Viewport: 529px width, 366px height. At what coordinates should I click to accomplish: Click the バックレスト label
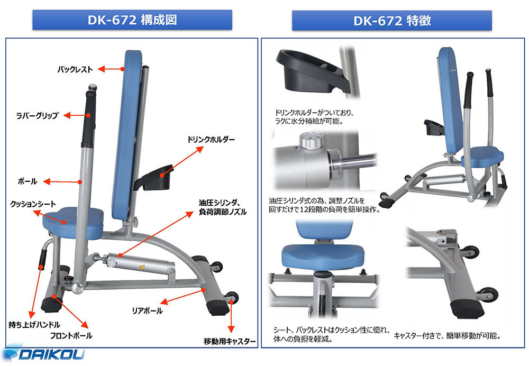point(75,69)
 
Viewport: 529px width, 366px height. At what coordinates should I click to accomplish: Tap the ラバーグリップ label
point(38,115)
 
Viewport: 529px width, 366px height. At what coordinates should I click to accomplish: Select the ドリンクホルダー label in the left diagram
point(211,140)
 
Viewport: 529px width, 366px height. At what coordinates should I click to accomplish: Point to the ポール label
point(28,181)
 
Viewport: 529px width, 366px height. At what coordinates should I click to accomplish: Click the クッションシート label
point(33,204)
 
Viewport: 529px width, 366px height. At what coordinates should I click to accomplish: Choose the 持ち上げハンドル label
point(34,325)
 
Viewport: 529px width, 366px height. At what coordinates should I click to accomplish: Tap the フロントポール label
point(71,336)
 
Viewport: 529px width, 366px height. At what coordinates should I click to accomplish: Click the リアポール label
point(147,310)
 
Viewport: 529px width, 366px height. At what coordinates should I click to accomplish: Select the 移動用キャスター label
point(230,341)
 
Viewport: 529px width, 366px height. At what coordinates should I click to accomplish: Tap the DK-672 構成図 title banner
point(132,20)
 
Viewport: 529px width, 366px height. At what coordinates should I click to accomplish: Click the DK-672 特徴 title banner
point(391,21)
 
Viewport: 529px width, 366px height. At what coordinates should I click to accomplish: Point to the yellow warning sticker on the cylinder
point(141,268)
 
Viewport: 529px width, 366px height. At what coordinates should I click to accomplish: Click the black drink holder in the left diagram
point(154,177)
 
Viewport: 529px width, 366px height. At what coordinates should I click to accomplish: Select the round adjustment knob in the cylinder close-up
point(309,140)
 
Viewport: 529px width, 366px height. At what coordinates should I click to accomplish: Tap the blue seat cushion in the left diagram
point(73,222)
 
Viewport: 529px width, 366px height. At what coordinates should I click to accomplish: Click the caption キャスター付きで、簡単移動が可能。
point(448,336)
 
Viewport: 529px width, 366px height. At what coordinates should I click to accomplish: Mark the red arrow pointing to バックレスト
point(111,69)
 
